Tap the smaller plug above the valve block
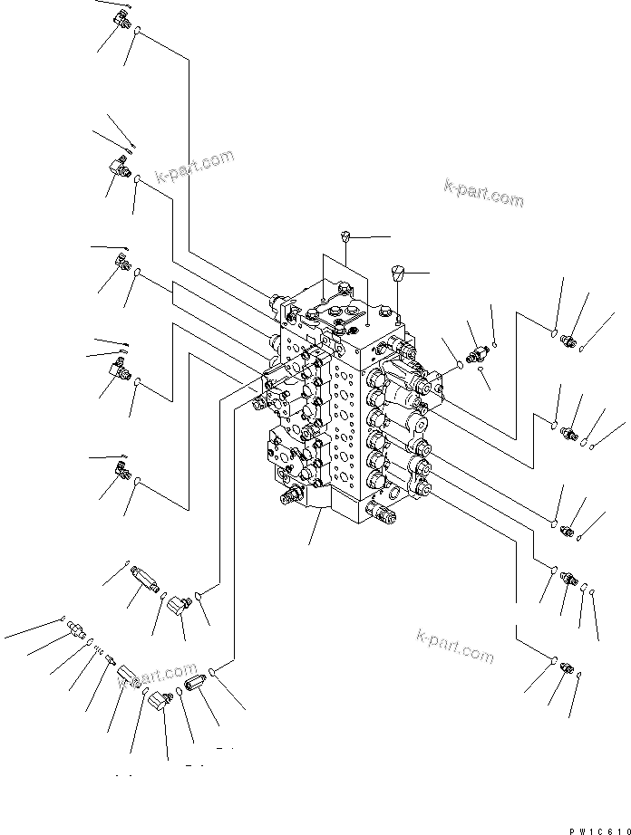pos(345,237)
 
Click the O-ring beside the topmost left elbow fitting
pos(137,34)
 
